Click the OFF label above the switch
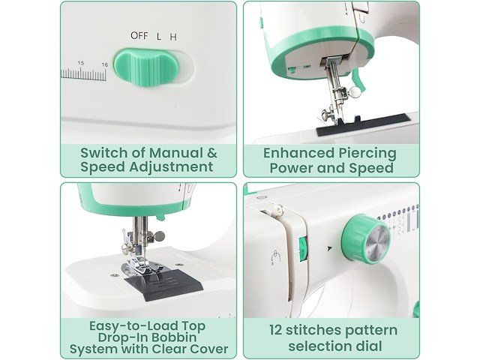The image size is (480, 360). point(139,35)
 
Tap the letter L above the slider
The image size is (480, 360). point(158,37)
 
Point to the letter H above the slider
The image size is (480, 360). point(173,37)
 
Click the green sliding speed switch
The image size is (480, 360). point(146,67)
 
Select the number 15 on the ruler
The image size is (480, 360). point(81,63)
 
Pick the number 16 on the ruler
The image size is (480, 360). point(105,64)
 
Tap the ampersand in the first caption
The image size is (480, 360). point(211,153)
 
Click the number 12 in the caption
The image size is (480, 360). point(276,330)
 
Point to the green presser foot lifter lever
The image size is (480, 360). point(359,80)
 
